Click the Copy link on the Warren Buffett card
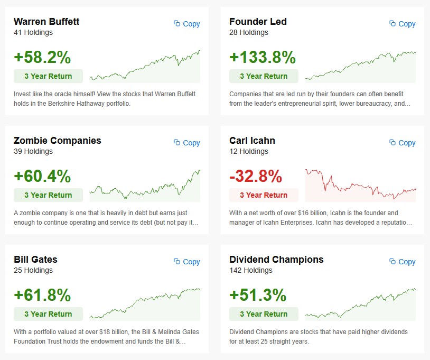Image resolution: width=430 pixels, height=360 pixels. (x=187, y=24)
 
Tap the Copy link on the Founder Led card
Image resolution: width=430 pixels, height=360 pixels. (x=403, y=24)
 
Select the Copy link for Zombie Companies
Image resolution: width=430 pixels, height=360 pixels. (x=187, y=143)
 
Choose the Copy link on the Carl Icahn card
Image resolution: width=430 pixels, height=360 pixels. (x=403, y=143)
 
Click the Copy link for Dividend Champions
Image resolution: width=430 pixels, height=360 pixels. (x=403, y=262)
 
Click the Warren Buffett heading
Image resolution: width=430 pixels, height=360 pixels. (x=46, y=22)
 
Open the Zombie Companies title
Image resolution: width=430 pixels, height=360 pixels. (x=58, y=141)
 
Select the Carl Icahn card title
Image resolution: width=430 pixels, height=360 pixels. (x=252, y=141)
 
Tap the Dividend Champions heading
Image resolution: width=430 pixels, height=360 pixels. (x=276, y=260)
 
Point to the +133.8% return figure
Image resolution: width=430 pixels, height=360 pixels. (x=262, y=57)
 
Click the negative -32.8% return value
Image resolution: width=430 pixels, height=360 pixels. (x=256, y=176)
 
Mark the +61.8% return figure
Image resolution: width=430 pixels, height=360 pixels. (x=42, y=295)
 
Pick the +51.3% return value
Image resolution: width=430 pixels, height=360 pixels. (x=258, y=295)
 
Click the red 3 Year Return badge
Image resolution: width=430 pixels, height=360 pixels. (x=264, y=195)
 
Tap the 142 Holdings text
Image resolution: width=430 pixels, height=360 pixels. (x=251, y=270)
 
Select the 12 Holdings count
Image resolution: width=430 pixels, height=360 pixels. (x=249, y=151)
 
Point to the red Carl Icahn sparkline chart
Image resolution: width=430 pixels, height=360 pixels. (x=360, y=185)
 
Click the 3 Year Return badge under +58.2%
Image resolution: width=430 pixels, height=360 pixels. (x=48, y=76)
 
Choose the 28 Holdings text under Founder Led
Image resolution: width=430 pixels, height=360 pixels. (x=249, y=32)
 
